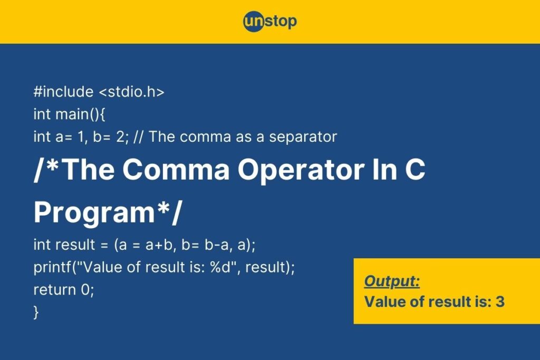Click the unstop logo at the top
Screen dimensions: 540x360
(269, 21)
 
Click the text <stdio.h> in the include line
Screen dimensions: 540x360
(131, 92)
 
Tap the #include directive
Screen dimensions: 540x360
(63, 92)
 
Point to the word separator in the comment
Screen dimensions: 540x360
(303, 137)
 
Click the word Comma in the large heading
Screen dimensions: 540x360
(176, 169)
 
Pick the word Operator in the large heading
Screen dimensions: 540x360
(301, 170)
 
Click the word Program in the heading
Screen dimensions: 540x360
(94, 213)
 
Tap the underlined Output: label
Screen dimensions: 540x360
(392, 281)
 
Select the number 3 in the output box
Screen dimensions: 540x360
(500, 302)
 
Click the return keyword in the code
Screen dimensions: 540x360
(54, 290)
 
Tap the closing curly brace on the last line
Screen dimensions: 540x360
(36, 313)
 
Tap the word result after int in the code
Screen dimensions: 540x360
(75, 245)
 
